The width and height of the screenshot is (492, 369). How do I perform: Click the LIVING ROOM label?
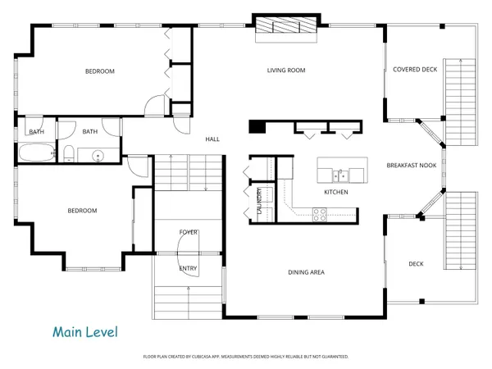click(285, 71)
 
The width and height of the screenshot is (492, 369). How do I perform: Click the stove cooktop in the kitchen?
click(319, 214)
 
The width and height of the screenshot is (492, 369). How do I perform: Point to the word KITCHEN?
click(335, 192)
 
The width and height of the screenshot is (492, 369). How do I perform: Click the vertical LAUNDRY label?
click(259, 201)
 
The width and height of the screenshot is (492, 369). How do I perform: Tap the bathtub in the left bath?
click(35, 153)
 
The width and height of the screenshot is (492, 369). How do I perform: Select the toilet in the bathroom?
click(71, 153)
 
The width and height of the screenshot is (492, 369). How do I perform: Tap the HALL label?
click(212, 139)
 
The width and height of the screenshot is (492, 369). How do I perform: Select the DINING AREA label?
click(307, 272)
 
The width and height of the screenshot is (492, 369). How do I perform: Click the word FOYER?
click(189, 233)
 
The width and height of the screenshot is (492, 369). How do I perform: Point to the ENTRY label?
click(188, 268)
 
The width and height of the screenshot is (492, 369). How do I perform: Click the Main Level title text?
click(85, 332)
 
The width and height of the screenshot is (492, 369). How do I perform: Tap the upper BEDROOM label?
click(100, 71)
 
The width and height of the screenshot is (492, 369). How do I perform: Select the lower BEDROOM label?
click(82, 211)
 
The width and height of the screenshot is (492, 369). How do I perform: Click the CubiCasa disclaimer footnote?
click(246, 357)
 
